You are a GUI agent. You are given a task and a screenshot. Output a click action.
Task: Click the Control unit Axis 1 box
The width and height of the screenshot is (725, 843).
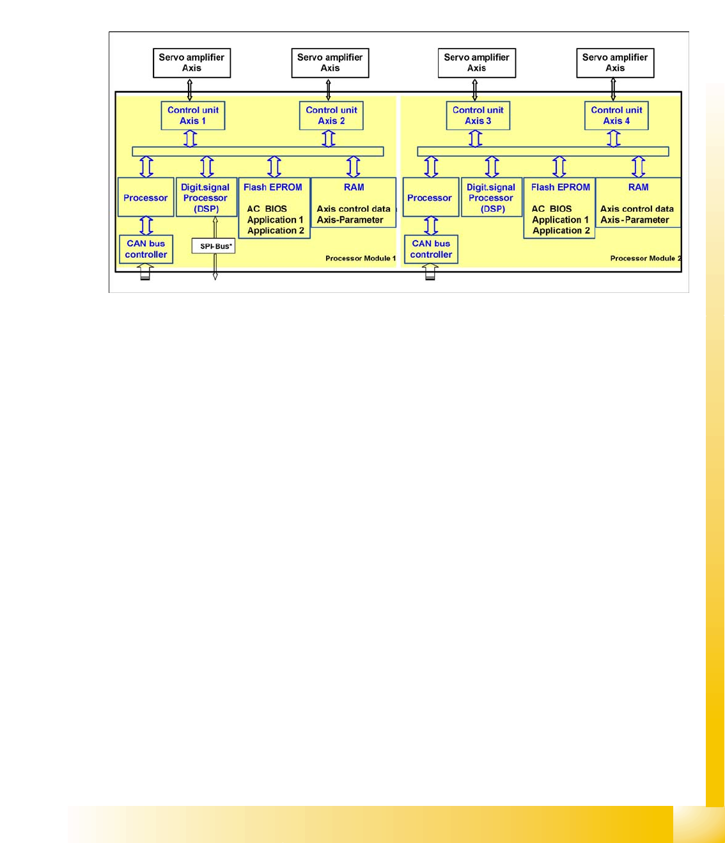(193, 116)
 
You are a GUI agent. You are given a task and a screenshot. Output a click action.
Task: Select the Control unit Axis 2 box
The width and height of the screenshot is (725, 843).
(331, 116)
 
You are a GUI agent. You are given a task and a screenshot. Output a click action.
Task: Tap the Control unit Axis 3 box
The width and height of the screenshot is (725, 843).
(478, 116)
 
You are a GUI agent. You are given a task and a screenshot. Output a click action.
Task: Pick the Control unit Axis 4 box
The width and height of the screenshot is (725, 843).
(616, 116)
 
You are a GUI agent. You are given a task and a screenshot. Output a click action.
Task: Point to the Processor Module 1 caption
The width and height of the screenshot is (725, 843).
(361, 258)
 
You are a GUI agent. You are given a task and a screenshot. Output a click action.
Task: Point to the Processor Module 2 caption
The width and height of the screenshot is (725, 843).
(645, 258)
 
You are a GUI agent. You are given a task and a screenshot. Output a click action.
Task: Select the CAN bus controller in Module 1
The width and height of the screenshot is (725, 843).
(146, 249)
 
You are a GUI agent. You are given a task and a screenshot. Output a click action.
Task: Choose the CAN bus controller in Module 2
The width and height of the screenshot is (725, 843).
(431, 249)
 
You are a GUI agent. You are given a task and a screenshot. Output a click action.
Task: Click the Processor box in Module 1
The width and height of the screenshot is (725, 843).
(146, 198)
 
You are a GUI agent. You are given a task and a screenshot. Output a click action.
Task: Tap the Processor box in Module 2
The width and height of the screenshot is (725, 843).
(430, 198)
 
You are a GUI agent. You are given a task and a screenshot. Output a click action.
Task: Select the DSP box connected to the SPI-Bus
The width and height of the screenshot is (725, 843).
(206, 198)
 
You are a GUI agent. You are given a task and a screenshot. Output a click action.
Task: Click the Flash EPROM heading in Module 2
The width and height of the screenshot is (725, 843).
(560, 187)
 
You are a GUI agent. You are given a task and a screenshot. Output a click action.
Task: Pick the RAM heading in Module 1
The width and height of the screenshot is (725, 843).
(354, 187)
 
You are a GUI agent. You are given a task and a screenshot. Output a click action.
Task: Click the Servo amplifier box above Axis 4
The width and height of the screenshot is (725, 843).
(615, 63)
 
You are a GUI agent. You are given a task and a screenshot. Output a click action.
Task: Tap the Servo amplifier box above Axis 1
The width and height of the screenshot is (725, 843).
(192, 63)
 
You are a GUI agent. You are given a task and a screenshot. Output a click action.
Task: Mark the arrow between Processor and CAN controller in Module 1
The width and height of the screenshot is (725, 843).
(146, 226)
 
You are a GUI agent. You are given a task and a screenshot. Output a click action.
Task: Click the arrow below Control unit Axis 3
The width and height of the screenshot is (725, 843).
(475, 139)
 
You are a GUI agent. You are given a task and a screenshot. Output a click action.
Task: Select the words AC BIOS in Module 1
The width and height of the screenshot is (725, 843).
(267, 209)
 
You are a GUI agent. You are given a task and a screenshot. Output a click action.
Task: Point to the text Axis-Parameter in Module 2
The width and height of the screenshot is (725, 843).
(634, 220)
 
